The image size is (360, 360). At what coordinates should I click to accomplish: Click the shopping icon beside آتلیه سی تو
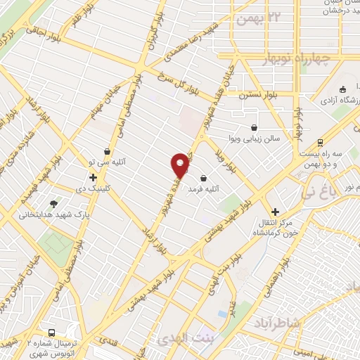tap(107, 150)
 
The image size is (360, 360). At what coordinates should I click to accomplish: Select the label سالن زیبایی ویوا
tap(257, 138)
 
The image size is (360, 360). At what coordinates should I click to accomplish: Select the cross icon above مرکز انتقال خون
tap(275, 212)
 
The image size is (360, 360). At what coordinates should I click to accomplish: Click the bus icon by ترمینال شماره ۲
tap(51, 332)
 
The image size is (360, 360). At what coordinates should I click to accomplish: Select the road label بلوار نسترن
tap(253, 94)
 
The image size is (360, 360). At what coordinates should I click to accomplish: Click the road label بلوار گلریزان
tap(150, 44)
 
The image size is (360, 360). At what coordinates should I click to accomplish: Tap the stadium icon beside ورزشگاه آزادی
tap(342, 89)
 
